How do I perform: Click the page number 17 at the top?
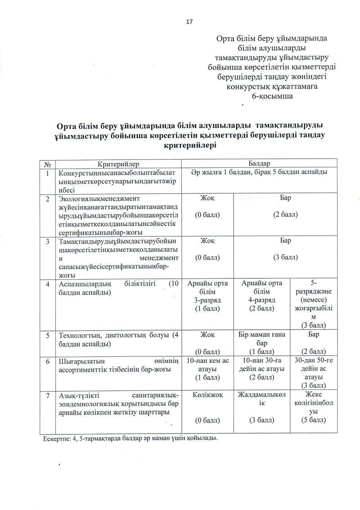[189, 22]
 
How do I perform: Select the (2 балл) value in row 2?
[285, 215]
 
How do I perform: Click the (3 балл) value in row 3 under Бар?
[285, 257]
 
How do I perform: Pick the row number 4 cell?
[48, 284]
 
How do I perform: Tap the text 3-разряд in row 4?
[207, 300]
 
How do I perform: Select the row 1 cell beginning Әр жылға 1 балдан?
[259, 172]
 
